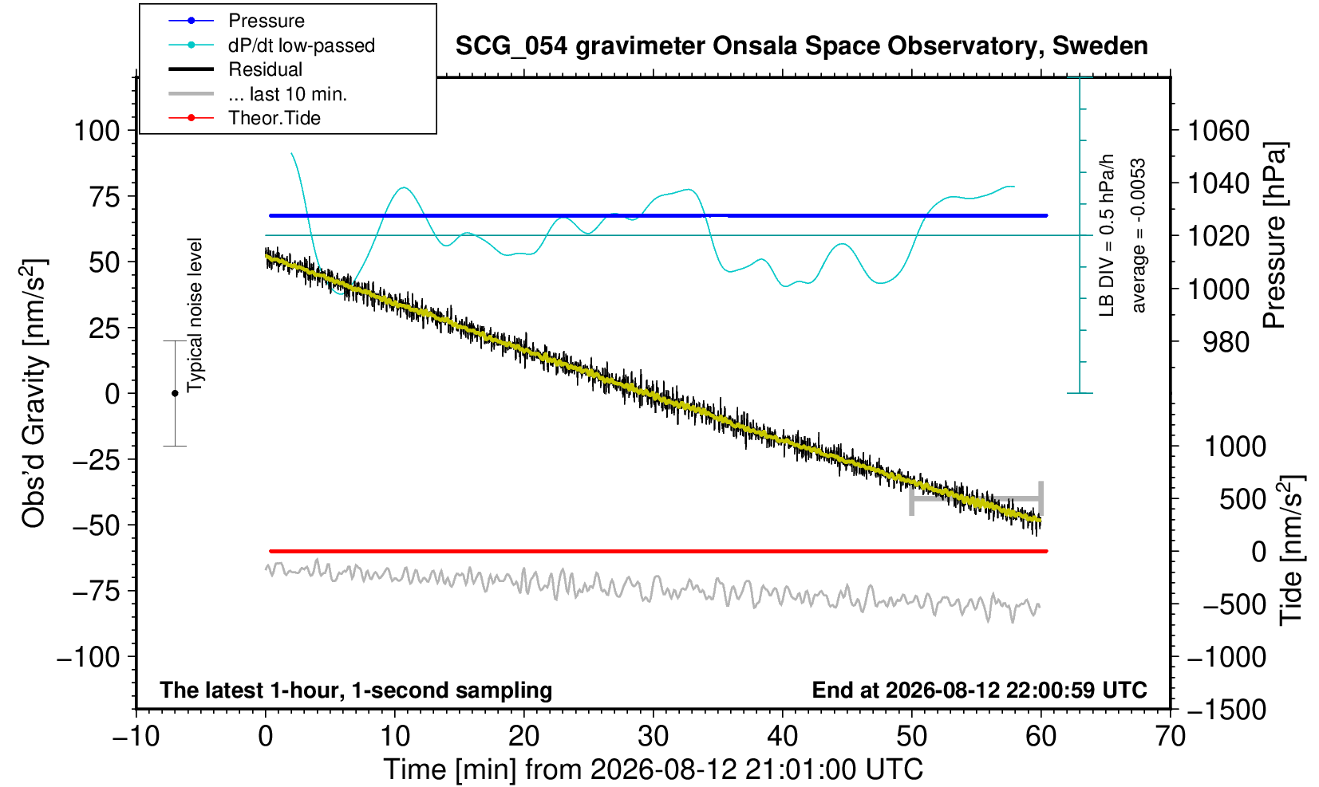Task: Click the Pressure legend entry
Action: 237,21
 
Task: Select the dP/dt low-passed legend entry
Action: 271,45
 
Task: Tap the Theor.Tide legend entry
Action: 244,118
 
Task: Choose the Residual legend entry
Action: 235,69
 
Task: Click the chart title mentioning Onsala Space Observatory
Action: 801,45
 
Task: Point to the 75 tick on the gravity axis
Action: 105,197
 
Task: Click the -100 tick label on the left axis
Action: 89,656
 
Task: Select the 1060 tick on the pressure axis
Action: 1218,131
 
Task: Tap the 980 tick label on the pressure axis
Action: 1226,342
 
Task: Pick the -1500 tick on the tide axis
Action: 1226,710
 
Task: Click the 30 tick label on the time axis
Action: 653,736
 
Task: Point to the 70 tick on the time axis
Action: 1170,736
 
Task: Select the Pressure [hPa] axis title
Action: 1275,235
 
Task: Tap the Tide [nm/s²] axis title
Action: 1291,551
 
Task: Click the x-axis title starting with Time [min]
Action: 653,769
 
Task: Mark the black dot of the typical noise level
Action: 175,393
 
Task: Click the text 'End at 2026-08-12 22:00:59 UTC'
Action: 979,690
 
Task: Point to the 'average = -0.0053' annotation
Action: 1139,235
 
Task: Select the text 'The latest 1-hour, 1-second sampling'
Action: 356,691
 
